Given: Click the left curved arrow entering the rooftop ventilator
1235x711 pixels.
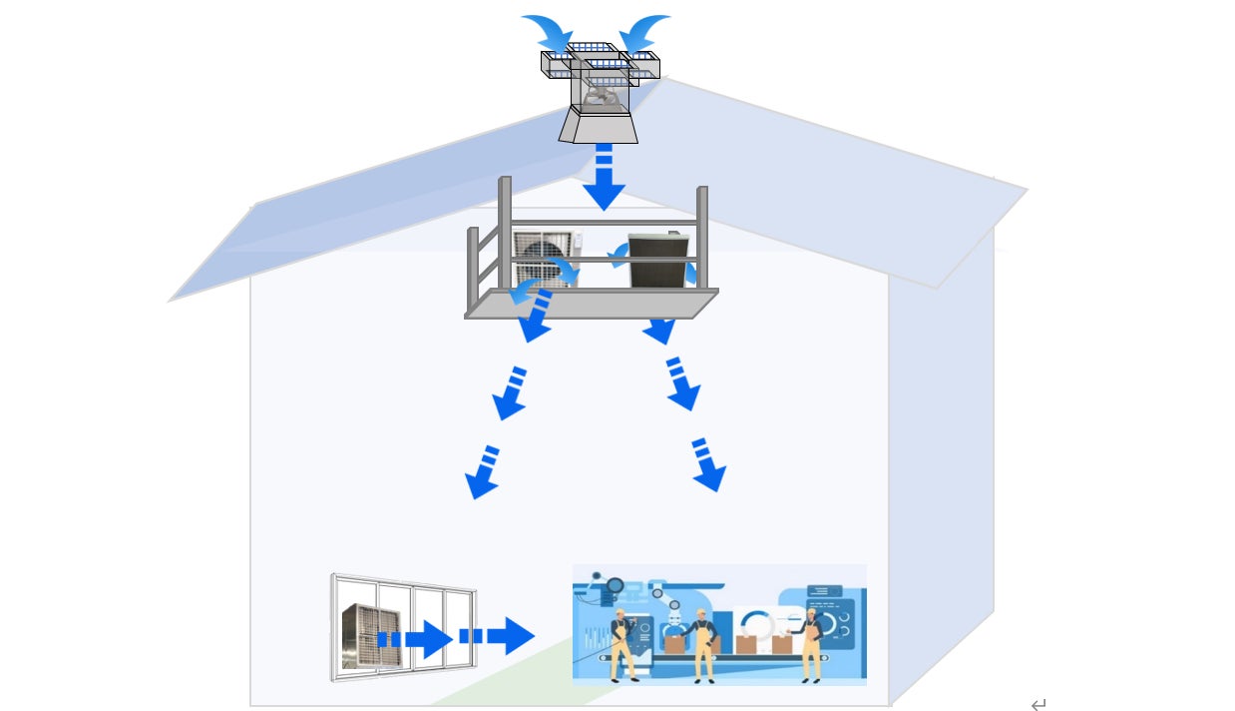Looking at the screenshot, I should [x=545, y=30].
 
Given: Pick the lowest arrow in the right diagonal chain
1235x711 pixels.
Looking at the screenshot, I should [x=707, y=465].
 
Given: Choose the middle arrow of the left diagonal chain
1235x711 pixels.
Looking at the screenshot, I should [x=511, y=394].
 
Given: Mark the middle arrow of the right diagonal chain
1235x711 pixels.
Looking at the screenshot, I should [x=682, y=384].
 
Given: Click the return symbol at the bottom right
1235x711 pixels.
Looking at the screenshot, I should [x=1038, y=705].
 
